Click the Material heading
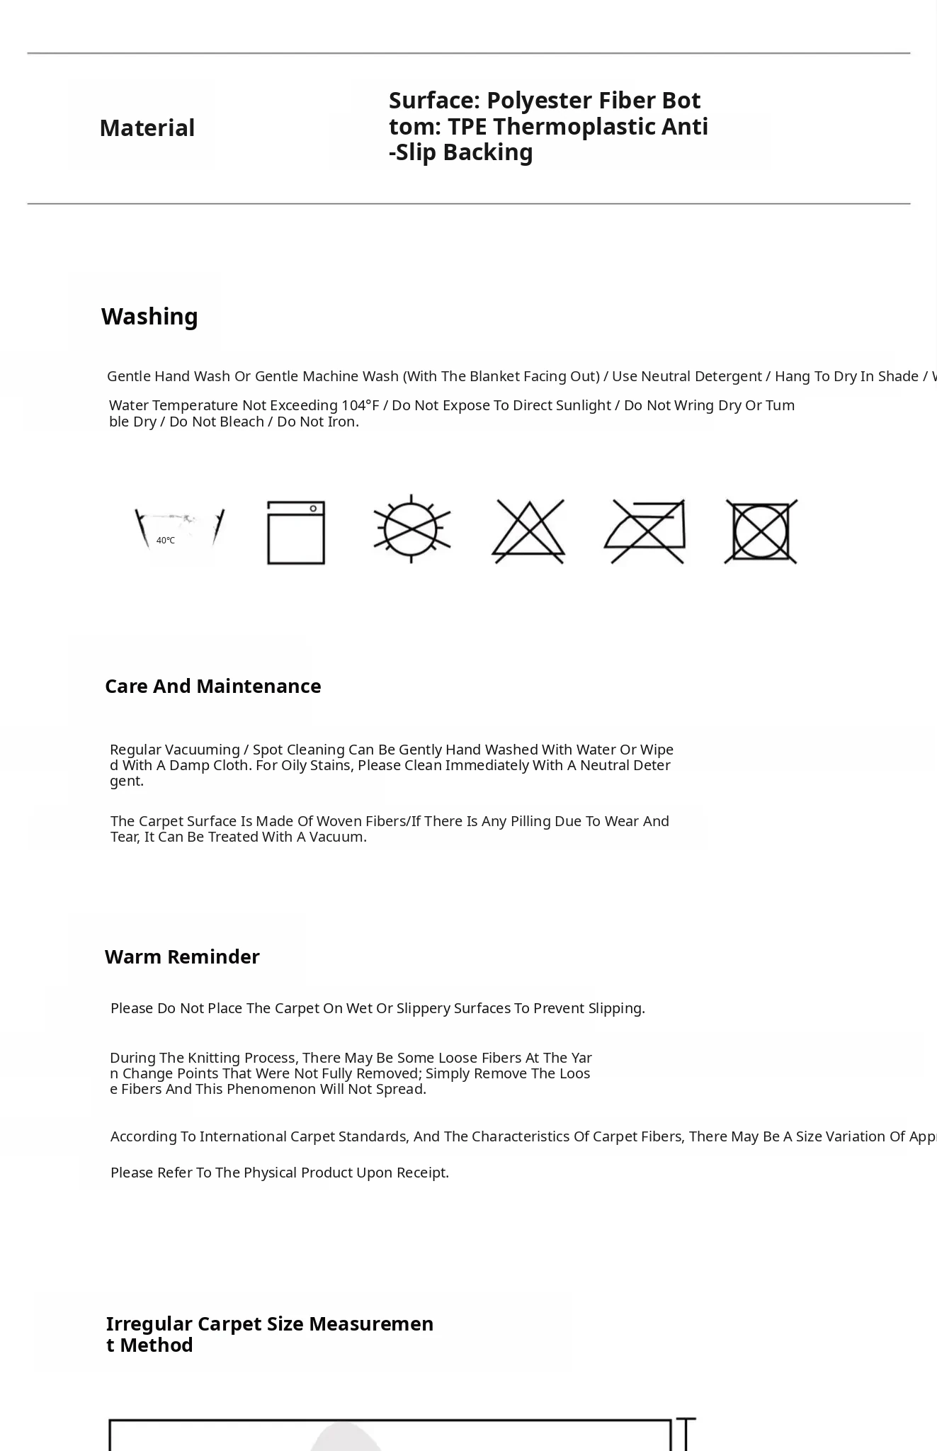tap(147, 128)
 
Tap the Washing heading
tap(149, 317)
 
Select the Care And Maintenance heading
tap(212, 687)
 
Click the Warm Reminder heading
tap(182, 957)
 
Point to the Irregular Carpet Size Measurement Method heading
tap(269, 1335)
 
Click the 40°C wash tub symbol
tap(179, 532)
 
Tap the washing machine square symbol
tap(296, 533)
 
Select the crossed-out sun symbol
tap(412, 529)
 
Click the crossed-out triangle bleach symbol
tap(528, 531)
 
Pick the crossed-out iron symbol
tap(645, 531)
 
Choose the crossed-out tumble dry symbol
tap(761, 531)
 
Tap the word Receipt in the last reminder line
tap(422, 1173)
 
